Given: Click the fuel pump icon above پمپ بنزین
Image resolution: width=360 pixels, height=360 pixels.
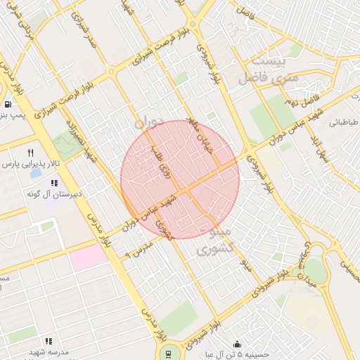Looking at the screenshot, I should (x=6, y=103).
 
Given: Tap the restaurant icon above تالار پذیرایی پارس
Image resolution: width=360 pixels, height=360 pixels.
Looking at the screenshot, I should (x=30, y=153).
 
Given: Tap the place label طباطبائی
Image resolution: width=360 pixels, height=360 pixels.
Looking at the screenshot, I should (x=345, y=122).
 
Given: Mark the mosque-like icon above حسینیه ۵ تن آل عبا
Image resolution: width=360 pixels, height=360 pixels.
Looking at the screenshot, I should (x=237, y=345).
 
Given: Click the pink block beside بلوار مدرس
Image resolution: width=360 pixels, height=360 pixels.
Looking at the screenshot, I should (x=89, y=257).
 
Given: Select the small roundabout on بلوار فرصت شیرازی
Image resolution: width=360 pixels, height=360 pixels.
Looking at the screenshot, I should (x=111, y=71).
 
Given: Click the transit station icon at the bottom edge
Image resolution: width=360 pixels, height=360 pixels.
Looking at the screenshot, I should (x=167, y=353).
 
